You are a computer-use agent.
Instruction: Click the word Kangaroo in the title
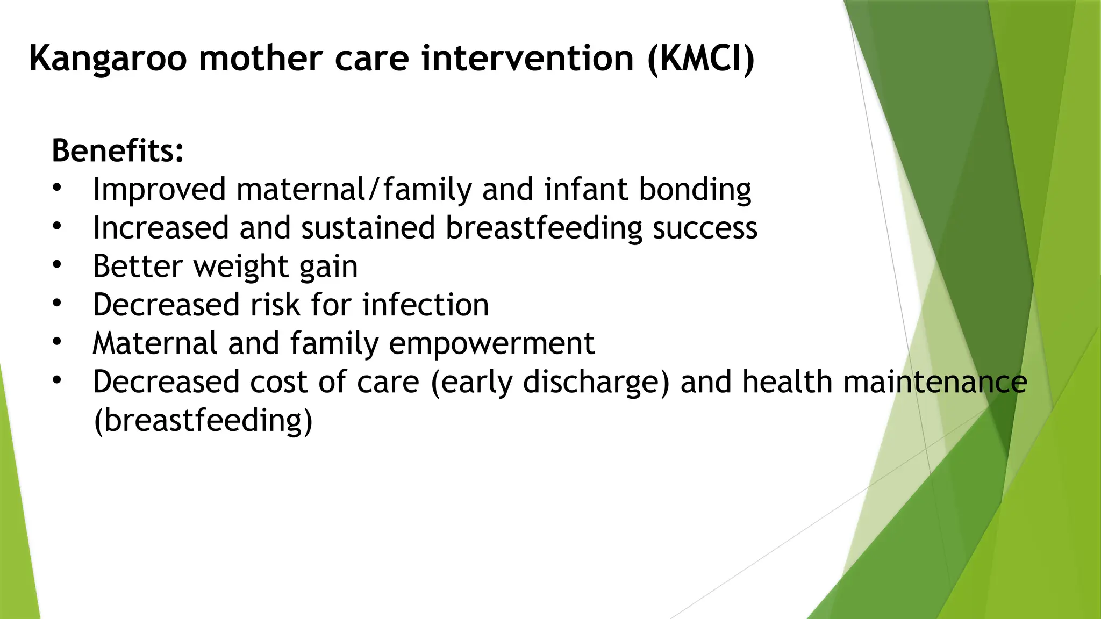coord(108,59)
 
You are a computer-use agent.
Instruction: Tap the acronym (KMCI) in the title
coord(701,59)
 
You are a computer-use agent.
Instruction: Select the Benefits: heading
coord(118,150)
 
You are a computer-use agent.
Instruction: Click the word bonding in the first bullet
coord(695,190)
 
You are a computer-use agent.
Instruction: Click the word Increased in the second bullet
coord(161,228)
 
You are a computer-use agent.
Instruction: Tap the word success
coord(705,228)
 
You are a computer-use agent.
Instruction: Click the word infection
coord(425,305)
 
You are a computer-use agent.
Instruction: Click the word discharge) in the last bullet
coord(596,383)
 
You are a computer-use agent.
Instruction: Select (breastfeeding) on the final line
coord(203,420)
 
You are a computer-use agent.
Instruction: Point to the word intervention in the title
coord(527,59)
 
